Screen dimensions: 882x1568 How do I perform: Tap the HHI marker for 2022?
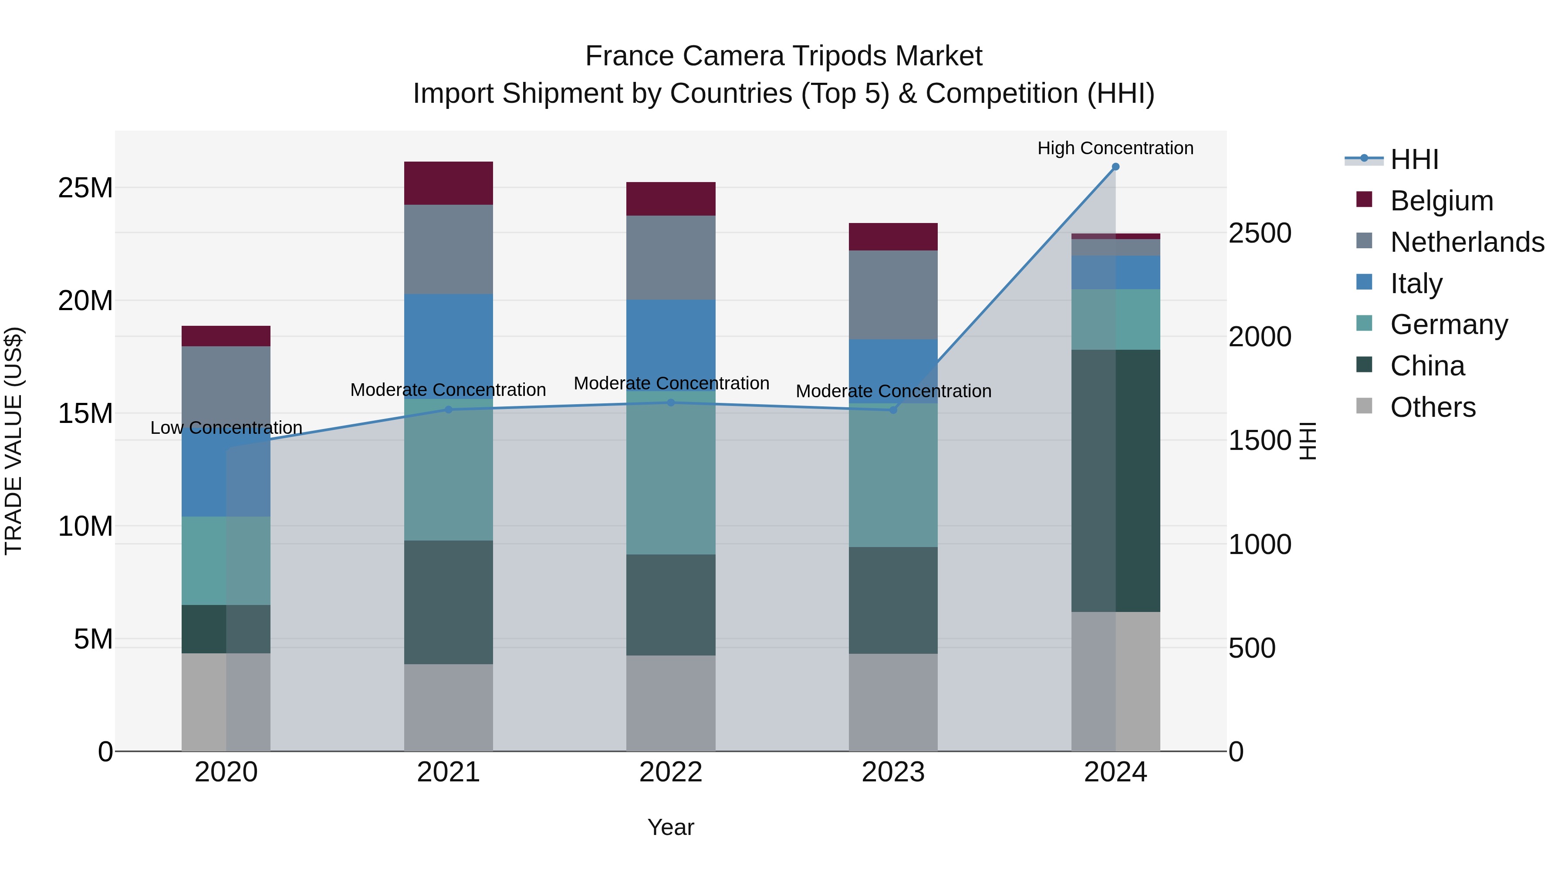[x=671, y=402]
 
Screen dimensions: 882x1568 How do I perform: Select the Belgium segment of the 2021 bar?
[x=449, y=183]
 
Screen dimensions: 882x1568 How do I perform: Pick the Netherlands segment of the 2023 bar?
[x=893, y=294]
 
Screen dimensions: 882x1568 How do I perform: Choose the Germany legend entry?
[x=1449, y=324]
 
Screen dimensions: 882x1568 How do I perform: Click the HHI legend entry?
[x=1414, y=159]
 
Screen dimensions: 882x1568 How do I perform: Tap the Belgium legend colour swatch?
[x=1364, y=199]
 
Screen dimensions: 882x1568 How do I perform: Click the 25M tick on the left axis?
[x=85, y=188]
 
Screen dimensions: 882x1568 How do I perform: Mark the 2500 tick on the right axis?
[x=1259, y=233]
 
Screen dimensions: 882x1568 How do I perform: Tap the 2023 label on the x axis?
[x=893, y=772]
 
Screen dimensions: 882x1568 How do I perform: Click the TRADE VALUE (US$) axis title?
[x=14, y=441]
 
